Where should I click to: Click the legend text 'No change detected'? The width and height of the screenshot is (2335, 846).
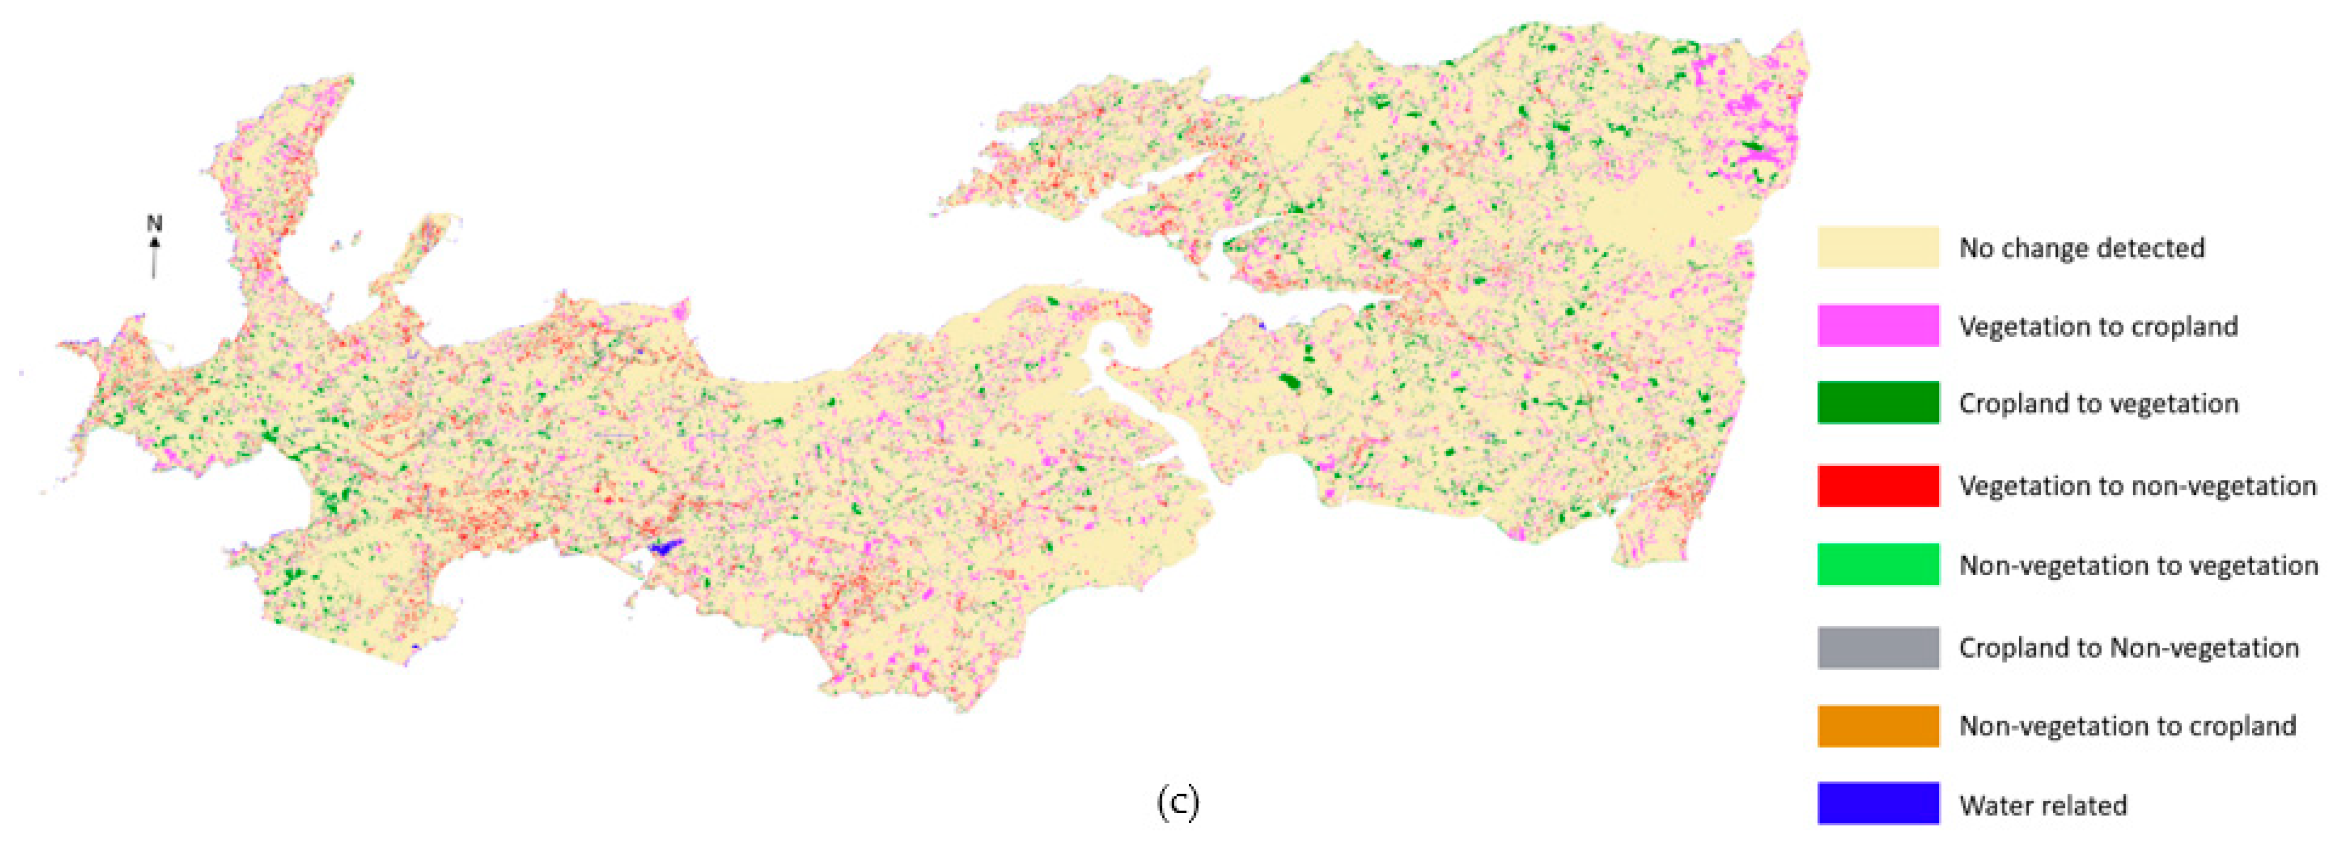pos(2081,248)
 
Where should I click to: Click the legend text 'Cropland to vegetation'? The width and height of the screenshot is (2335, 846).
pos(2098,403)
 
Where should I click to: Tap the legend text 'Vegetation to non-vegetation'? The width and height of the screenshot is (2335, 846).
pos(2136,486)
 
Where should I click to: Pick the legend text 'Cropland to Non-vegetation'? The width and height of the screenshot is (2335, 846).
pos(2128,647)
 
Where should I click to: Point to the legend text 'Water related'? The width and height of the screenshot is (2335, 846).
pos(2042,805)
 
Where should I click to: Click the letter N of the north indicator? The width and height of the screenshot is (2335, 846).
pos(154,223)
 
